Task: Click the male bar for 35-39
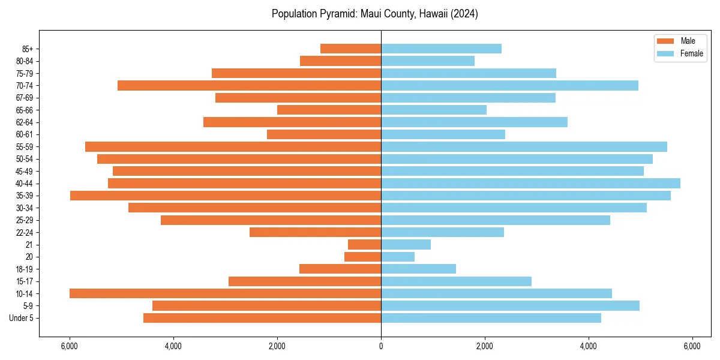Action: click(226, 196)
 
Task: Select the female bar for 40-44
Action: click(530, 183)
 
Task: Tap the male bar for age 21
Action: click(364, 244)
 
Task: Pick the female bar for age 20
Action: click(398, 257)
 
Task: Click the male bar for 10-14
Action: click(225, 293)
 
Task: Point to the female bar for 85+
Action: click(441, 49)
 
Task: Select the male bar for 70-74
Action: click(249, 85)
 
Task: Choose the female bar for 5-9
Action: click(510, 305)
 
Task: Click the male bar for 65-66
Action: click(329, 110)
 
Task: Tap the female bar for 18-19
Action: click(418, 269)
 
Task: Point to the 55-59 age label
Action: click(25, 146)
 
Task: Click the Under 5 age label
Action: click(22, 318)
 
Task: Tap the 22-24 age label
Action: click(25, 232)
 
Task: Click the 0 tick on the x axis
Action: click(381, 346)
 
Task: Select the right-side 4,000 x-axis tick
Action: click(589, 346)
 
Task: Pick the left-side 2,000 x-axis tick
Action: click(277, 346)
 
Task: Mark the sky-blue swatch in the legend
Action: click(665, 53)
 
